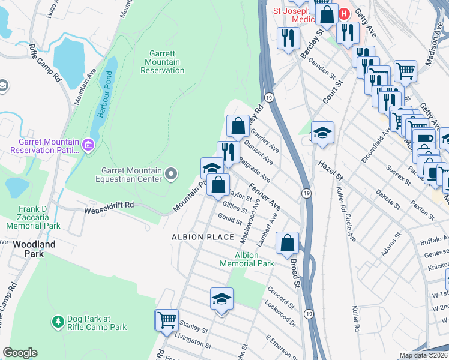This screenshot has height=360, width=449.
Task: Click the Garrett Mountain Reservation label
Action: pos(162,62)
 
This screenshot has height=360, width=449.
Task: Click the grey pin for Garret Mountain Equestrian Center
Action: pos(171,175)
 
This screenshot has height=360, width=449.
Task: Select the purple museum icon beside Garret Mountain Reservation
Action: pos(88,145)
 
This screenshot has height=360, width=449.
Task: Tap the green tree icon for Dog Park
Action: pos(58,322)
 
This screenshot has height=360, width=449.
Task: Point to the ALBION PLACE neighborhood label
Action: pos(202,237)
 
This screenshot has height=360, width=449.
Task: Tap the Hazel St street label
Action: pos(330,170)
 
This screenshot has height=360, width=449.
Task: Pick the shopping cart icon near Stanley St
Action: pos(167,319)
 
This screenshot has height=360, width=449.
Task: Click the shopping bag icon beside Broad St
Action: pos(288,243)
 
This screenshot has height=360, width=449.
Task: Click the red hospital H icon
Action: pos(344,13)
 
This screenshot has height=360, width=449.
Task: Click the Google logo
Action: pos(20,353)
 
